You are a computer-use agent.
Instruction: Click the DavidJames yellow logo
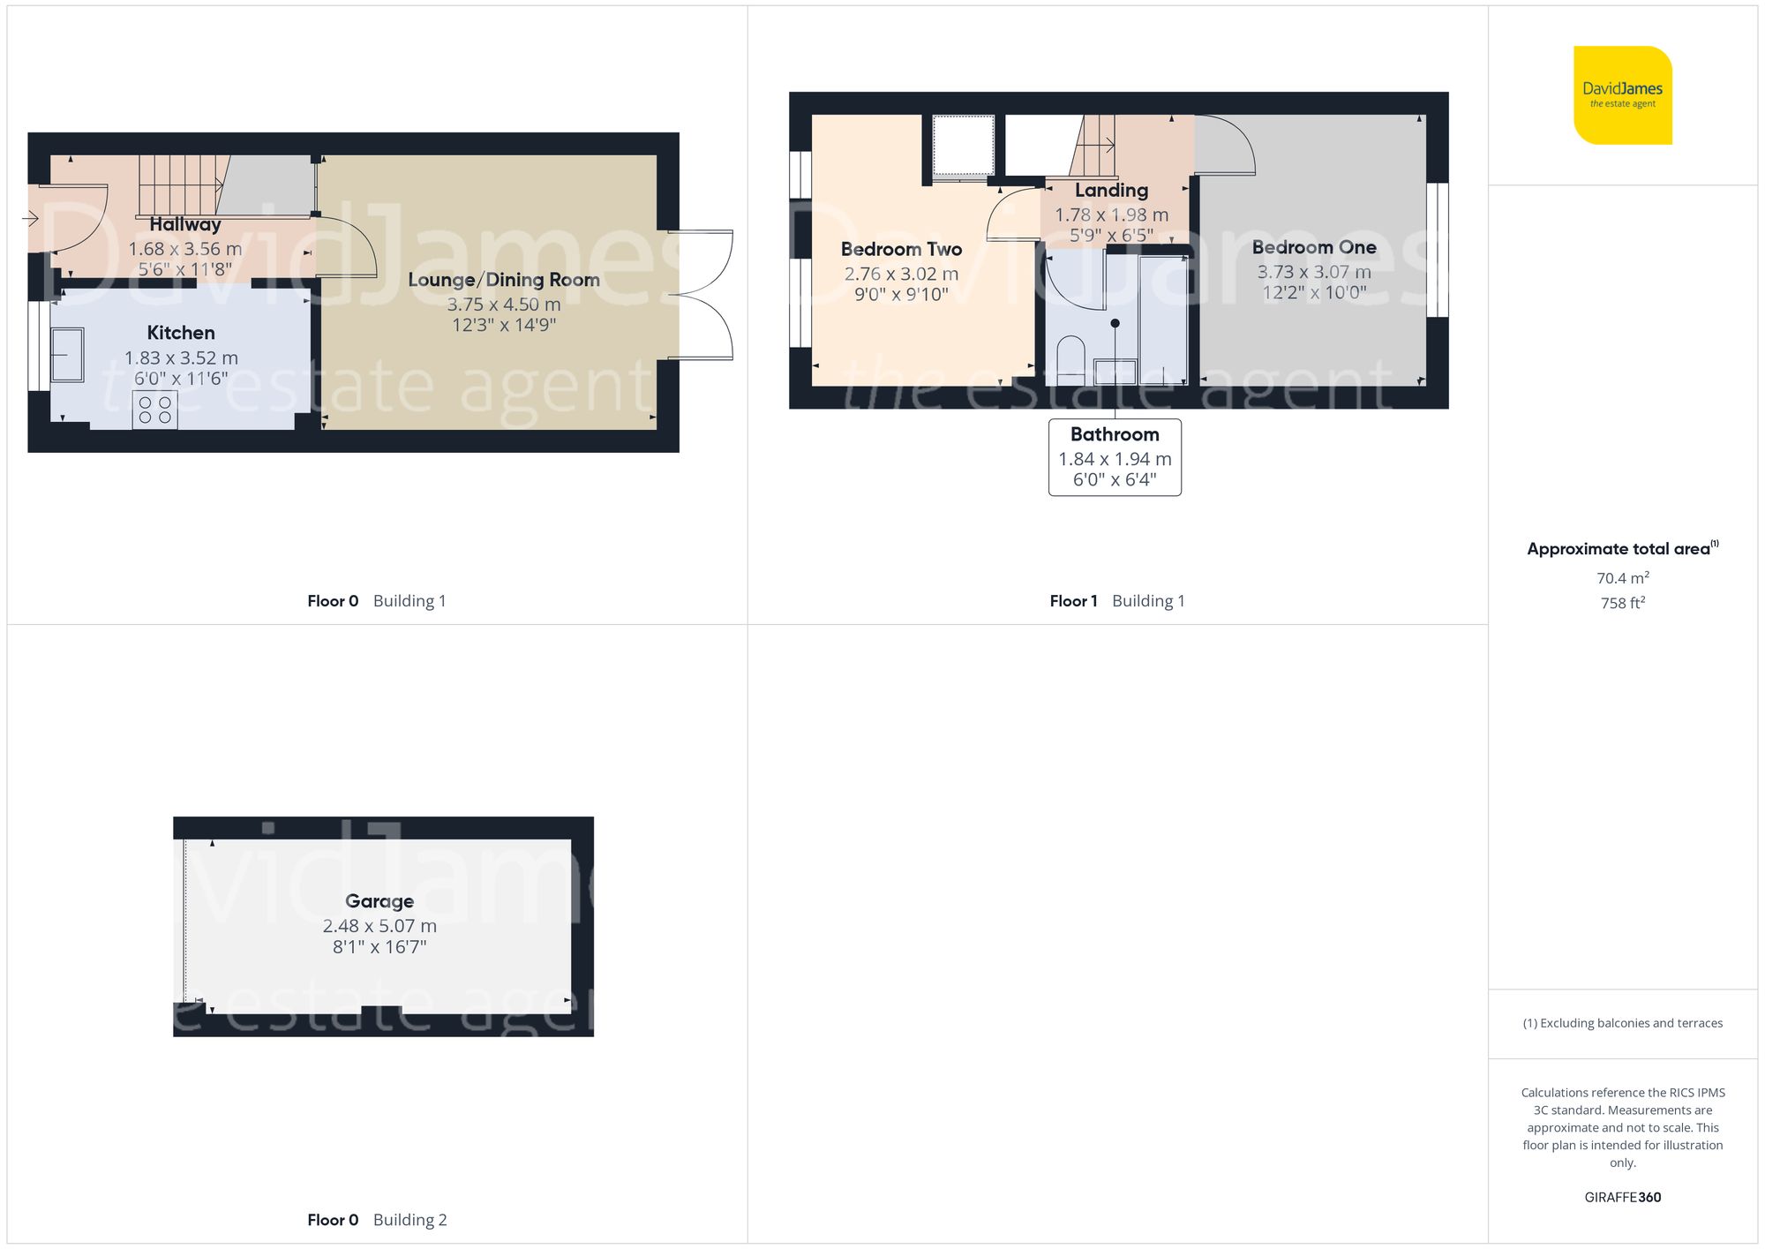coord(1622,95)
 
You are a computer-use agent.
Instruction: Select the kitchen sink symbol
coord(67,354)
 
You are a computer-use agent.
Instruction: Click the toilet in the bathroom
coord(1070,357)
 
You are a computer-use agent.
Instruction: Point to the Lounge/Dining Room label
coord(503,280)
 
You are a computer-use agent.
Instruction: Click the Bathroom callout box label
coord(1115,434)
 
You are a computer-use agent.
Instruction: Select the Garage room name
coord(379,901)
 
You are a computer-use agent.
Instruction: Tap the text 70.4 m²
coord(1622,578)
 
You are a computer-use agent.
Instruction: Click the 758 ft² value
coord(1622,603)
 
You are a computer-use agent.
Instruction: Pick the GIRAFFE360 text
coord(1622,1197)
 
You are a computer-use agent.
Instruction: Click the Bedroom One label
coord(1313,247)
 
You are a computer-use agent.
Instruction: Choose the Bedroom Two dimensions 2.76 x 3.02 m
coord(901,274)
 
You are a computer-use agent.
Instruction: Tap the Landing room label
coord(1111,190)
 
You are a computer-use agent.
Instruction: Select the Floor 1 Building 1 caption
coord(1116,601)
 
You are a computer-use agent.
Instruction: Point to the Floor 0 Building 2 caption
coord(377,1220)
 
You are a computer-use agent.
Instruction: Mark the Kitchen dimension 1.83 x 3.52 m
coord(181,357)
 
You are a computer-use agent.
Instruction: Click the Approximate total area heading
coord(1622,548)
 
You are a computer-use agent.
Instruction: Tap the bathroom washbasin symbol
coord(1115,371)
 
